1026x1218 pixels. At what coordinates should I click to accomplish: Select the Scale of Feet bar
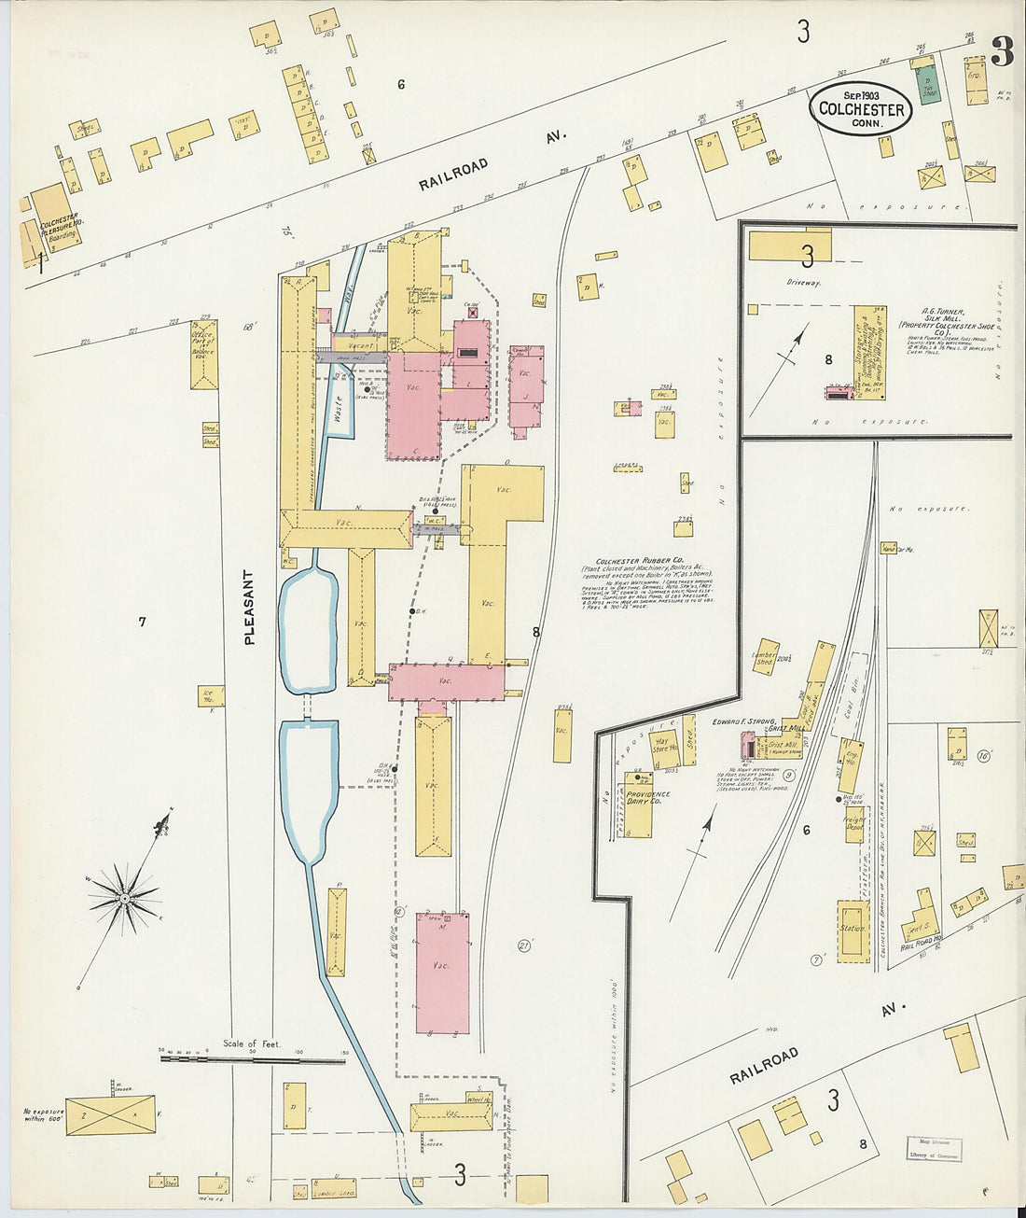click(252, 1060)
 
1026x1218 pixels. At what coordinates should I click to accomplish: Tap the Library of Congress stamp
click(936, 1146)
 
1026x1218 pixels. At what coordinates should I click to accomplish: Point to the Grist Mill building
click(781, 744)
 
